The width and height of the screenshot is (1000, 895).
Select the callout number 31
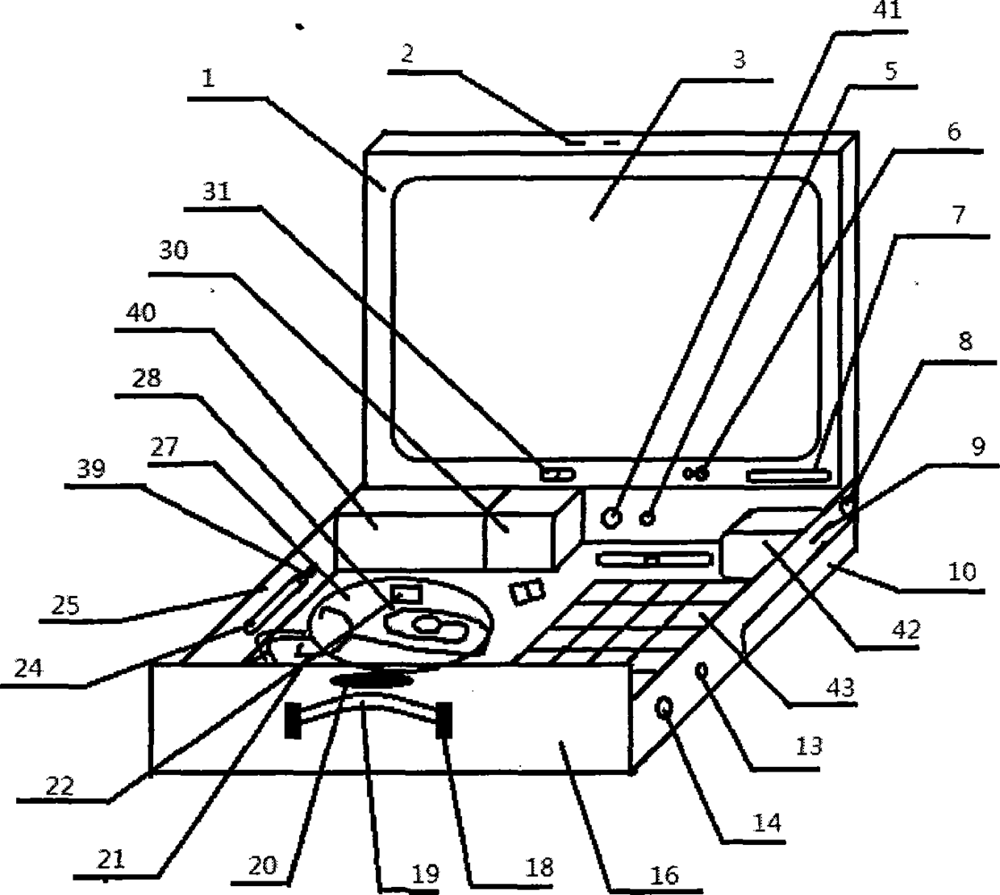[x=217, y=192]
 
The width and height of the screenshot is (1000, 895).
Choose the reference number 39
[x=91, y=468]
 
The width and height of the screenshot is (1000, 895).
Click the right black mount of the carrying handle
[x=444, y=720]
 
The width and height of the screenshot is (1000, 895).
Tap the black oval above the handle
[x=370, y=681]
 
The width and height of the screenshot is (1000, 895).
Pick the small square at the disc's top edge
[x=406, y=596]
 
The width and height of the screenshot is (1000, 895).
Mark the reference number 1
[x=208, y=78]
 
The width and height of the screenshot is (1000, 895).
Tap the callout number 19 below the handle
[x=425, y=873]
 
